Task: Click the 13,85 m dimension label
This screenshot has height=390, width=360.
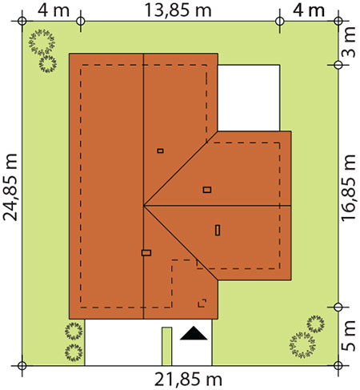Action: click(178, 10)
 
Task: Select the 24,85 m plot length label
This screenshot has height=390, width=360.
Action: click(10, 187)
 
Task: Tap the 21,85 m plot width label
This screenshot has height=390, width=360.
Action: click(188, 380)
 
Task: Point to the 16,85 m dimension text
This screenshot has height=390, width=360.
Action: click(348, 187)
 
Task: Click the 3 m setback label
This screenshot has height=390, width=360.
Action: click(348, 42)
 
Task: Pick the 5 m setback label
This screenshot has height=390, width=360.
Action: click(348, 336)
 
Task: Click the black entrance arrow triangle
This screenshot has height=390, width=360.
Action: click(194, 333)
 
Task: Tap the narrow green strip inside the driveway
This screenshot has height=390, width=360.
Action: click(167, 346)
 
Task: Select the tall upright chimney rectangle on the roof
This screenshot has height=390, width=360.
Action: click(218, 230)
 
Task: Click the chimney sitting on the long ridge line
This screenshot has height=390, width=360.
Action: click(146, 253)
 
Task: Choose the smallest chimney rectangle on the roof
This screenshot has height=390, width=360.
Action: click(160, 151)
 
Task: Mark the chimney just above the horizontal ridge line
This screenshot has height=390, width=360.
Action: click(207, 190)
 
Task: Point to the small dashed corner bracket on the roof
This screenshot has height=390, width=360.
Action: click(202, 304)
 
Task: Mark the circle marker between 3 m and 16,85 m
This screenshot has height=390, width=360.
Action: click(338, 65)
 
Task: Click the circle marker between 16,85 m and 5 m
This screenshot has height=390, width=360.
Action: click(338, 308)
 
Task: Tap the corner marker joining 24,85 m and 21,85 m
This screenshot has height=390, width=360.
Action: click(22, 365)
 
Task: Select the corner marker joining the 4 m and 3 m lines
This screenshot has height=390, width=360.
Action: click(338, 21)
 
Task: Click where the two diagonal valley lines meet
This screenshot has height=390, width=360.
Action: click(143, 206)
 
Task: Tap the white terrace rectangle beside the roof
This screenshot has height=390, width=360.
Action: click(249, 98)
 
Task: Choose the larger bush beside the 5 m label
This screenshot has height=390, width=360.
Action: click(302, 345)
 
